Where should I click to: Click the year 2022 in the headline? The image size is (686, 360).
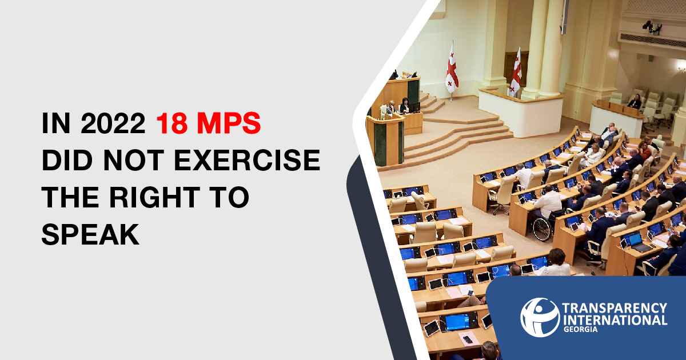113,123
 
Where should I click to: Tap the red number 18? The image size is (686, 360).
172,123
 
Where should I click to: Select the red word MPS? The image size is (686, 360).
229,123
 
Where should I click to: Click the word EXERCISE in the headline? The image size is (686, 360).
247,160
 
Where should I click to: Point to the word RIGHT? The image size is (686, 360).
155,197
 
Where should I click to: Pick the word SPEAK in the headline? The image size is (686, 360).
90,234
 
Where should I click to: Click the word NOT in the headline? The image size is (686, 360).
132,160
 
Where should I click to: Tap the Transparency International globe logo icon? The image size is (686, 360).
540,318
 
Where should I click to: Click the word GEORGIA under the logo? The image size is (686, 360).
580,329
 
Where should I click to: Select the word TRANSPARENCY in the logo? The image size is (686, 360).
615,308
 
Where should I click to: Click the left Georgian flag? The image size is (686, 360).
452,69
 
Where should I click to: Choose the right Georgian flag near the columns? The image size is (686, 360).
516,73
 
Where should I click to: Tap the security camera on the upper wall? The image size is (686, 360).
652,27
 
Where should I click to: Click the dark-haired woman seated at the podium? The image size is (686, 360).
405,105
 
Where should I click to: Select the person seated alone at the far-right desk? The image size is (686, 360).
635,101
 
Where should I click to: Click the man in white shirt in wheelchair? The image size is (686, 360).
548,203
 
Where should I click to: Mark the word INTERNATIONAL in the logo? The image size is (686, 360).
615,320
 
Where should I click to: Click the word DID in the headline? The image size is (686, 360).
67,160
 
